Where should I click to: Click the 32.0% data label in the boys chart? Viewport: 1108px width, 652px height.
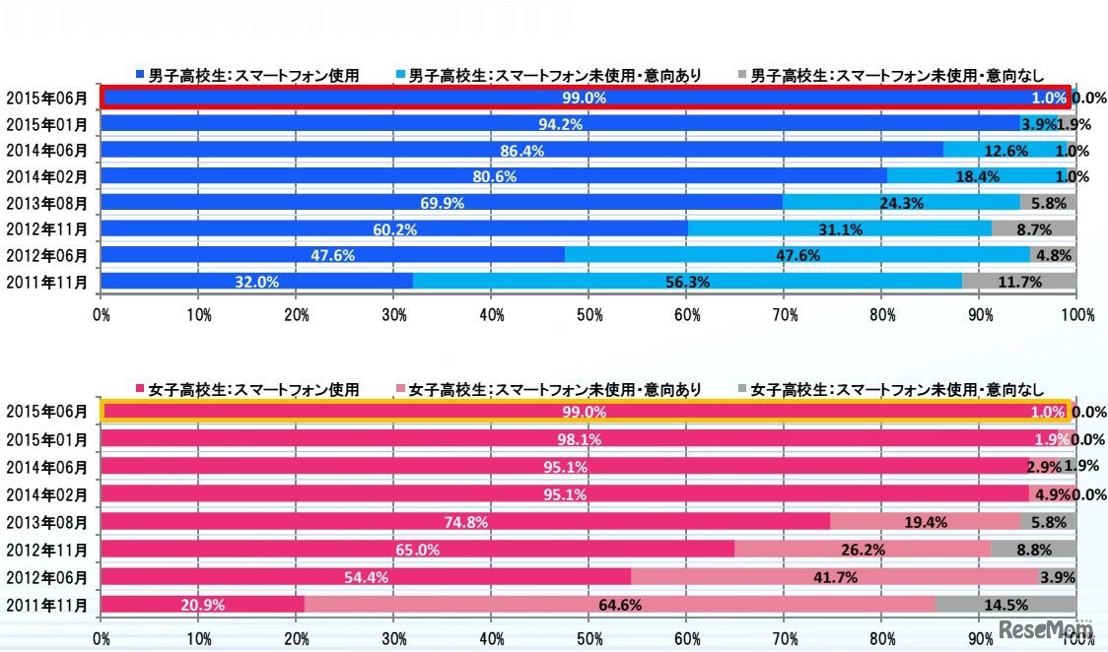pyautogui.click(x=255, y=282)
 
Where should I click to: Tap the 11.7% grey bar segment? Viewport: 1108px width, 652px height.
pyautogui.click(x=1019, y=282)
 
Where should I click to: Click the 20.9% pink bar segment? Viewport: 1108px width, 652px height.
pyautogui.click(x=202, y=603)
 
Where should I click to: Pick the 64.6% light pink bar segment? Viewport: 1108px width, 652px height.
pyautogui.click(x=619, y=603)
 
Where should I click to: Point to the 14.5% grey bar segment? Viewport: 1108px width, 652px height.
pyautogui.click(x=1005, y=603)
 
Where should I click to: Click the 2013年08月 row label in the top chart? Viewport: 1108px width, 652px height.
pyautogui.click(x=46, y=203)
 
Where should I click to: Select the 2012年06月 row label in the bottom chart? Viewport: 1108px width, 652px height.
pyautogui.click(x=46, y=576)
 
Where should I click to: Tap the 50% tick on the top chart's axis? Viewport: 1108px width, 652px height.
pyautogui.click(x=589, y=315)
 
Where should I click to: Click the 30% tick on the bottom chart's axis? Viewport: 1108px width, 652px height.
pyautogui.click(x=393, y=637)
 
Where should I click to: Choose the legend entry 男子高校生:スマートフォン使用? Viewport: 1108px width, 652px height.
pyautogui.click(x=246, y=75)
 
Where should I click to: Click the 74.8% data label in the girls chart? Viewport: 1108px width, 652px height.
pyautogui.click(x=466, y=523)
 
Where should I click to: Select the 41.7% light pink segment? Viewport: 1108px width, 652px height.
pyautogui.click(x=834, y=576)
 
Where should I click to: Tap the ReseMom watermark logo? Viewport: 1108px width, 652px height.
pyautogui.click(x=1046, y=629)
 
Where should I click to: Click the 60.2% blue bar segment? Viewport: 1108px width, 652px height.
pyautogui.click(x=394, y=229)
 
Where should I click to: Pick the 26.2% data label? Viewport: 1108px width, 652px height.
pyautogui.click(x=863, y=550)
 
